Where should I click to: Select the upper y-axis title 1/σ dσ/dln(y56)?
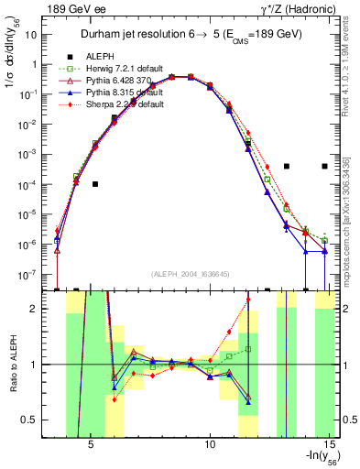(x=13, y=55)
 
